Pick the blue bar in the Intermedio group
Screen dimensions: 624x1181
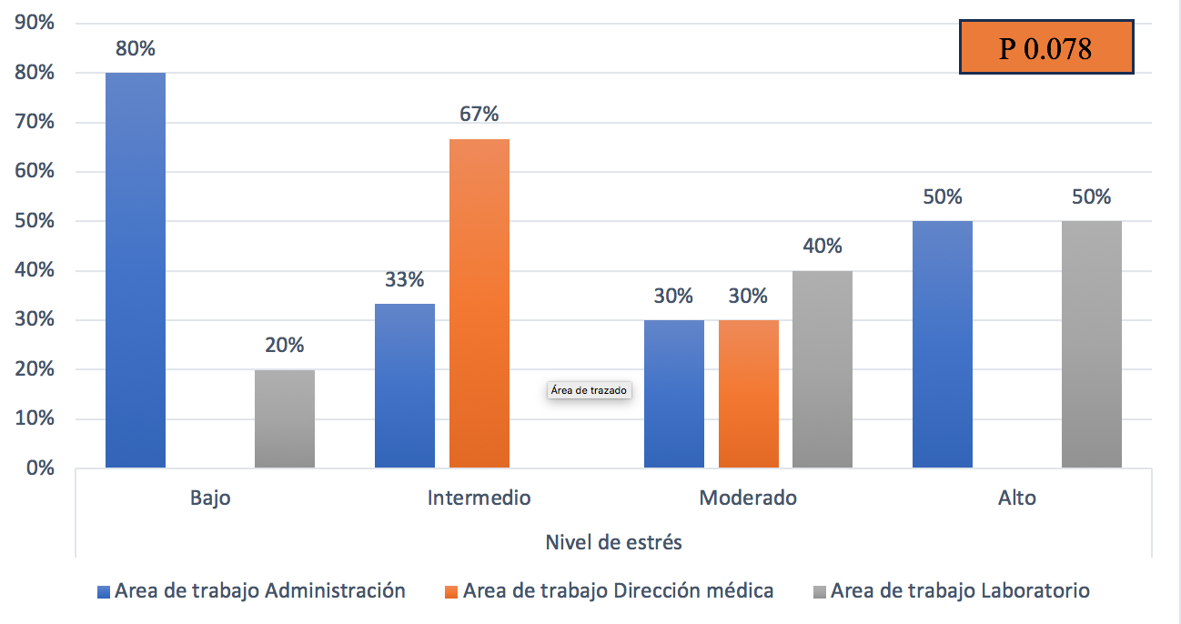point(405,386)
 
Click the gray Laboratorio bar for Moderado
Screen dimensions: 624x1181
point(823,369)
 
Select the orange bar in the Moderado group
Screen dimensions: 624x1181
point(749,394)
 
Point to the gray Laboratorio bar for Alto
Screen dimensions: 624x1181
point(1091,345)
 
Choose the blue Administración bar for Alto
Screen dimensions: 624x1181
point(943,345)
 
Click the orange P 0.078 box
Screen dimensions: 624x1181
point(1045,47)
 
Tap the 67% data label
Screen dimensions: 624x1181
point(479,115)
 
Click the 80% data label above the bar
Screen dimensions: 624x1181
point(135,48)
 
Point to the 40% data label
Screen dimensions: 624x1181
point(823,247)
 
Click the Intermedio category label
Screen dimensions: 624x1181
point(479,498)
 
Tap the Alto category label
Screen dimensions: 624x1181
point(1016,498)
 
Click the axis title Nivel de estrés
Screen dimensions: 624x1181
point(613,543)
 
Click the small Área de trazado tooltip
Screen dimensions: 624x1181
point(589,391)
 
